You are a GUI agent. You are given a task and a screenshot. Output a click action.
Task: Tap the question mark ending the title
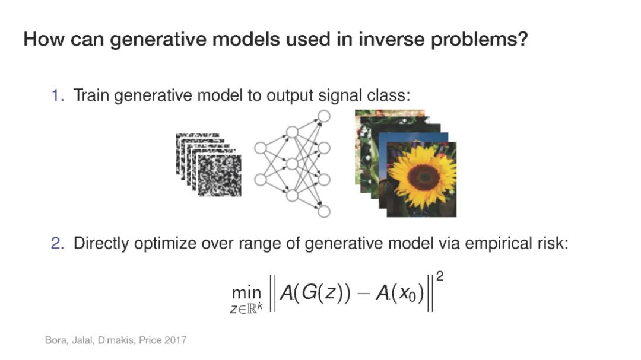tap(522, 39)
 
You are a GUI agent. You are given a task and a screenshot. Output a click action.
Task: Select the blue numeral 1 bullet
tap(57, 95)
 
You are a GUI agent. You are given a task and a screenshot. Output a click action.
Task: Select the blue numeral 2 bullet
tap(57, 243)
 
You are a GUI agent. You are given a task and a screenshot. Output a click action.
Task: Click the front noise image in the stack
tap(220, 176)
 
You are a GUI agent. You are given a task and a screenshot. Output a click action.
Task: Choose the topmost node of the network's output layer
tap(324, 116)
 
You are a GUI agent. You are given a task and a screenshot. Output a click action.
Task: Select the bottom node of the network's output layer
tap(324, 211)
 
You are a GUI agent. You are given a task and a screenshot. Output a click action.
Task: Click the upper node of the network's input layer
tap(261, 148)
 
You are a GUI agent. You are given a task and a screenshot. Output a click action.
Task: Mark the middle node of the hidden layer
tap(292, 164)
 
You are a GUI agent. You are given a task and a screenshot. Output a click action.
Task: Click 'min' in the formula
tap(246, 292)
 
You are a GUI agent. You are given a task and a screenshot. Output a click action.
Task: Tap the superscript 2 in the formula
tap(440, 276)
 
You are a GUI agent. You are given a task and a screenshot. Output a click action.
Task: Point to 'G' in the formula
tap(310, 292)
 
